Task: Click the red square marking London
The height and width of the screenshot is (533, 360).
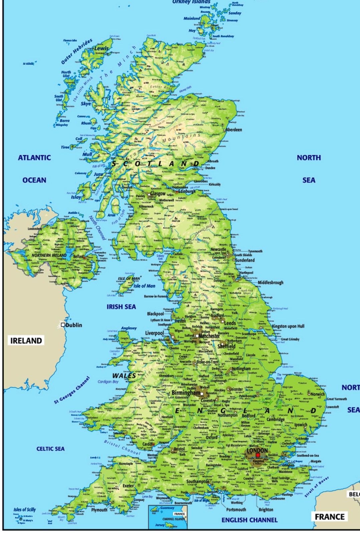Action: click(258, 455)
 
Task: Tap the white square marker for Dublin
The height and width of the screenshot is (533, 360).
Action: click(63, 325)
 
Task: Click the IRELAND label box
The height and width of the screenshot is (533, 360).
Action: click(26, 341)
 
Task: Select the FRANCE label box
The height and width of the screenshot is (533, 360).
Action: click(329, 517)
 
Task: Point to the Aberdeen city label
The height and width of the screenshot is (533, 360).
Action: click(234, 130)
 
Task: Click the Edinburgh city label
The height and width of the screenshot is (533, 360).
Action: click(187, 192)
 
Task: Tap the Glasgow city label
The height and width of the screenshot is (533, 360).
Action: click(158, 194)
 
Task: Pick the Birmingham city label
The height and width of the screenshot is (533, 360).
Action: click(186, 393)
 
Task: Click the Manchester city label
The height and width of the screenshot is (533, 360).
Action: click(209, 336)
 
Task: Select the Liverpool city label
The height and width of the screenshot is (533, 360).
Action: click(154, 333)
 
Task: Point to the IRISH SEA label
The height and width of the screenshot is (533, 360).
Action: click(121, 307)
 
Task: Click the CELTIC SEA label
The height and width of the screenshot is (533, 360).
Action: click(50, 449)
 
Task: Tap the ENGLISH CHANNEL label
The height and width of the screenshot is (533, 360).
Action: click(249, 520)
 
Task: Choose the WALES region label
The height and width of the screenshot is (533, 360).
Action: click(124, 376)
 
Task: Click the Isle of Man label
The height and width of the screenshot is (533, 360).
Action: click(145, 286)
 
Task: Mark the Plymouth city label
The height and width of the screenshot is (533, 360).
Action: click(99, 510)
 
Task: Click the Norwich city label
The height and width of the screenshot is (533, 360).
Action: click(318, 394)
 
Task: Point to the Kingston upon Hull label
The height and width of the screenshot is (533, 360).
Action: click(288, 326)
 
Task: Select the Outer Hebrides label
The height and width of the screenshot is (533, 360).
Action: click(77, 52)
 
